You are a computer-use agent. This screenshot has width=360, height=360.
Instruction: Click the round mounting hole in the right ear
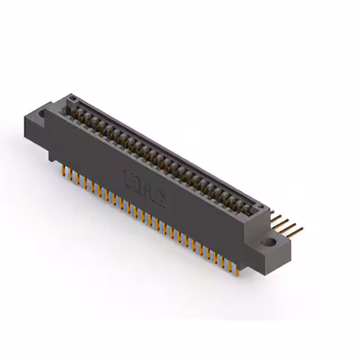[271, 243]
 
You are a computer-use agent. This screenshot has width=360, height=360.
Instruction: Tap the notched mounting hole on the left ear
[41, 114]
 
